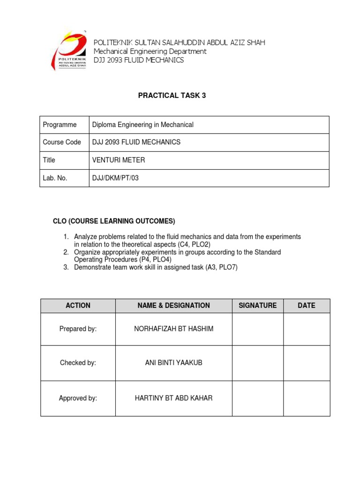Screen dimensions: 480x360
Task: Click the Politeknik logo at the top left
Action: tap(68, 51)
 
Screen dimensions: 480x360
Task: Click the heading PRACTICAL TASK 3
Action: tap(172, 96)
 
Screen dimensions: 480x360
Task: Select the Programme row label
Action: tap(60, 125)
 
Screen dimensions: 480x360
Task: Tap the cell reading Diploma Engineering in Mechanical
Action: tap(142, 125)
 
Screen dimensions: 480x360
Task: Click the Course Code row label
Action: tap(62, 142)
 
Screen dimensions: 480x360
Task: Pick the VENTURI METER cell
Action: tap(119, 160)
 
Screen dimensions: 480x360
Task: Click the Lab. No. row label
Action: tap(56, 178)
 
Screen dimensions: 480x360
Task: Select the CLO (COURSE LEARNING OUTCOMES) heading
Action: tap(113, 221)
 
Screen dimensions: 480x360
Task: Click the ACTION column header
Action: tap(78, 305)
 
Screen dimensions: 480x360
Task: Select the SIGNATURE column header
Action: tap(257, 305)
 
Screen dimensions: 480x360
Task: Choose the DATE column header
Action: tap(306, 305)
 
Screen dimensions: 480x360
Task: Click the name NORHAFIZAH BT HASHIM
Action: tap(173, 329)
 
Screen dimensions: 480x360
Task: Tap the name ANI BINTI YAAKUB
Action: tap(173, 363)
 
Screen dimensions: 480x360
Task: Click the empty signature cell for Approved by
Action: tap(257, 398)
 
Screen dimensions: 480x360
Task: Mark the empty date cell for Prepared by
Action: tap(306, 329)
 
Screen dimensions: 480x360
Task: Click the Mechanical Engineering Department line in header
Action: tap(150, 51)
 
